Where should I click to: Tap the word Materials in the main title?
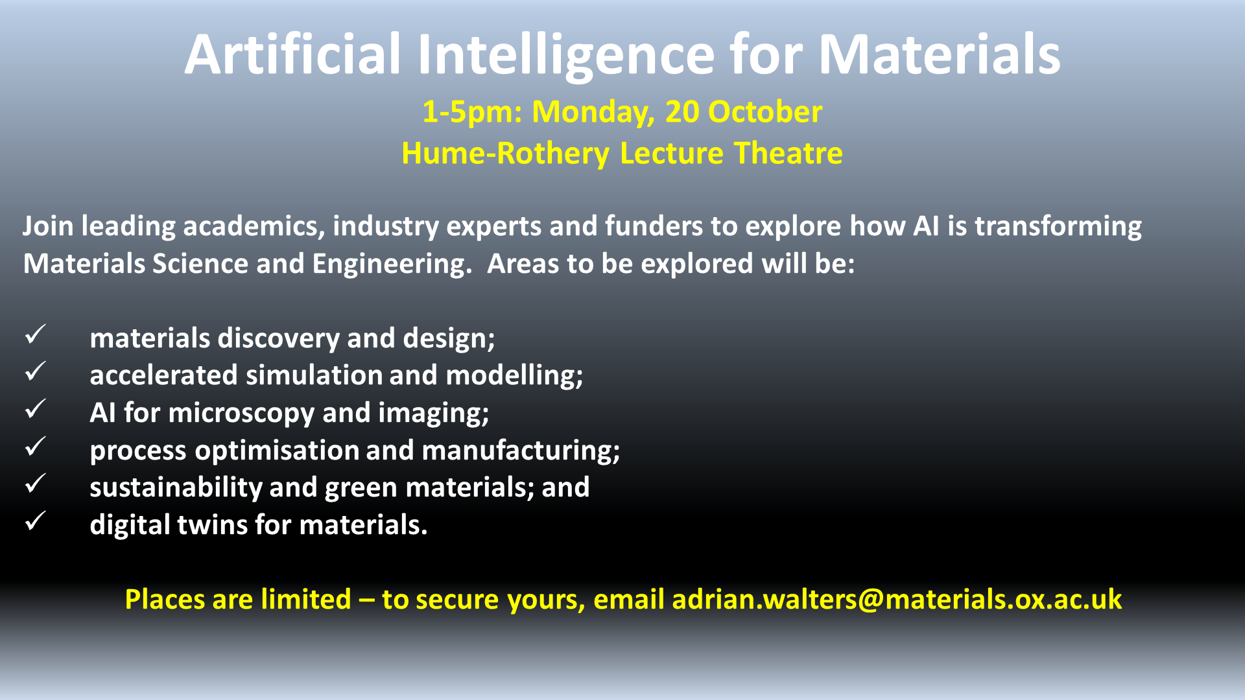click(x=940, y=54)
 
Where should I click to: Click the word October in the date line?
click(x=765, y=111)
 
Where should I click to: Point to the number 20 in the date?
click(x=682, y=111)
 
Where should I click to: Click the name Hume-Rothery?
click(x=505, y=154)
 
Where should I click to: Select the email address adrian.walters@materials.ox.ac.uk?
click(x=897, y=599)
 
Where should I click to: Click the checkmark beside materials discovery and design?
click(x=35, y=334)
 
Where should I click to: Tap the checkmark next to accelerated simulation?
click(x=35, y=371)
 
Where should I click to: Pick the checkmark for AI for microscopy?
click(x=35, y=409)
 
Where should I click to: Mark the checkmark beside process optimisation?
click(x=35, y=447)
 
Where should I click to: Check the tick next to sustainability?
click(x=35, y=484)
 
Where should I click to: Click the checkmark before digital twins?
click(x=35, y=521)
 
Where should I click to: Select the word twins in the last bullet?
click(x=213, y=524)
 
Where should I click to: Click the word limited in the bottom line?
click(x=306, y=599)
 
